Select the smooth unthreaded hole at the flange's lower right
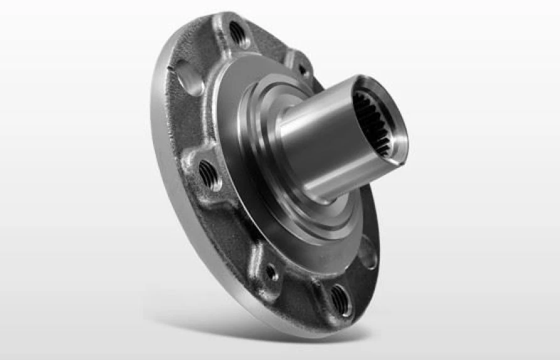click(369, 256)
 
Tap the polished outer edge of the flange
click(162, 163)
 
